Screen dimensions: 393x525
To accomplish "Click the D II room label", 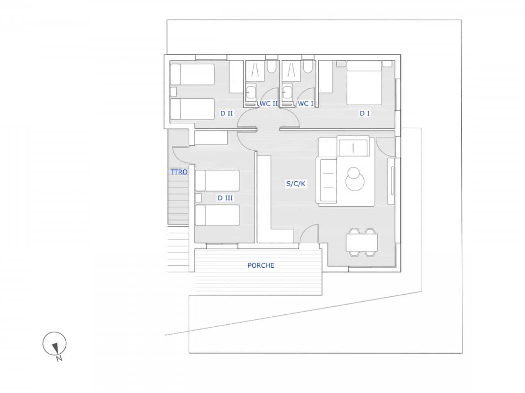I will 226,113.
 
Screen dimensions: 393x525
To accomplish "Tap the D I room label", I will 365,113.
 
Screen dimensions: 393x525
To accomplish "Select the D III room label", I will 225,198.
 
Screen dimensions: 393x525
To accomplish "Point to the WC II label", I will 269,104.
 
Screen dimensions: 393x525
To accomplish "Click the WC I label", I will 305,104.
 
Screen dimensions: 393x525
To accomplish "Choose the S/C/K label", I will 296,184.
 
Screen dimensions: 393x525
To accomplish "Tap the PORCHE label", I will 261,265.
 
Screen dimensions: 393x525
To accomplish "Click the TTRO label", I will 179,172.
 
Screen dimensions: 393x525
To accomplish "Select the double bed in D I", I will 364,83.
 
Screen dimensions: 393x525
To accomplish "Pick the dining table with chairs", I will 361,243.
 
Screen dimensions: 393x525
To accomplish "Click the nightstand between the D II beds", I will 173,91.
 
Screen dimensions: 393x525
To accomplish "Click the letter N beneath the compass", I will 59,359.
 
